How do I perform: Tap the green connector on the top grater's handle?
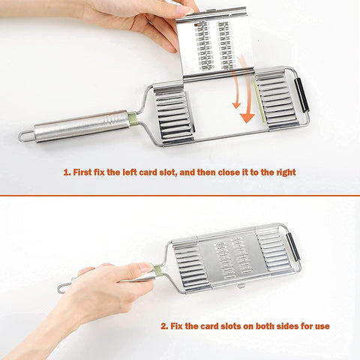click(x=133, y=118)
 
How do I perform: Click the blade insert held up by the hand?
click(x=214, y=43)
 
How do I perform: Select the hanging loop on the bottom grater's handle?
click(x=64, y=287)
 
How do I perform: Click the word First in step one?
click(x=85, y=172)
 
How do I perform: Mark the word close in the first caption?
click(x=219, y=172)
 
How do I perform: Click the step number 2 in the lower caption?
click(x=162, y=326)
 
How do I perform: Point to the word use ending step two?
click(x=321, y=326)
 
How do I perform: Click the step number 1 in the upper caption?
click(x=66, y=172)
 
